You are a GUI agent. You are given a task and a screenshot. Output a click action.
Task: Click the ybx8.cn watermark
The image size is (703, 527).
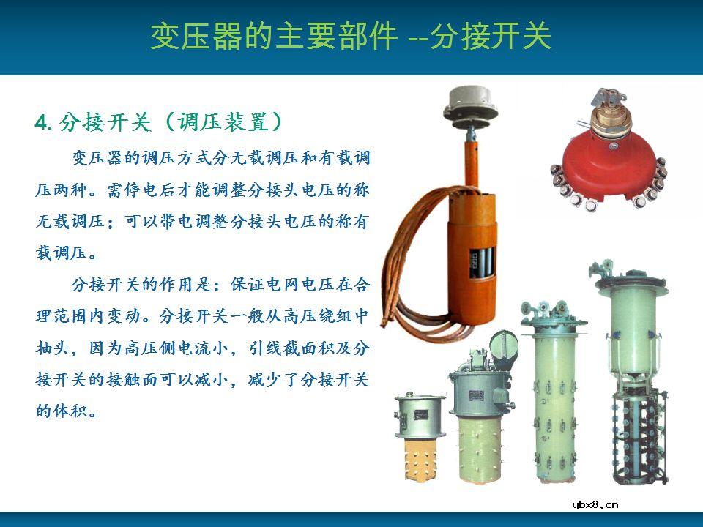pyautogui.click(x=595, y=504)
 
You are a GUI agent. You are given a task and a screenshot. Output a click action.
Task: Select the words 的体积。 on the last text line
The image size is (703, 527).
pyautogui.click(x=66, y=410)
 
